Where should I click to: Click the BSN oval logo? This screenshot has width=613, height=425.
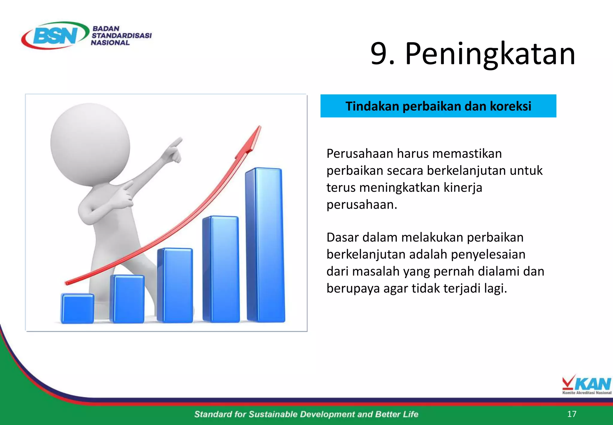(x=55, y=35)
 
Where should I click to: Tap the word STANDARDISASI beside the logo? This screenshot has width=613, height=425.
(x=122, y=36)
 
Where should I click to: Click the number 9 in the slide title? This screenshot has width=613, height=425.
(x=379, y=54)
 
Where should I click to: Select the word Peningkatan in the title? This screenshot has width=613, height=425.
(x=490, y=54)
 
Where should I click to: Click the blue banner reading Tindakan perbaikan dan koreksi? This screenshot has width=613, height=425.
(x=438, y=106)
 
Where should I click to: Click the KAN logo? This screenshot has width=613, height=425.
(x=586, y=385)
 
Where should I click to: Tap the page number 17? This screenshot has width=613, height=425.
(x=571, y=414)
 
